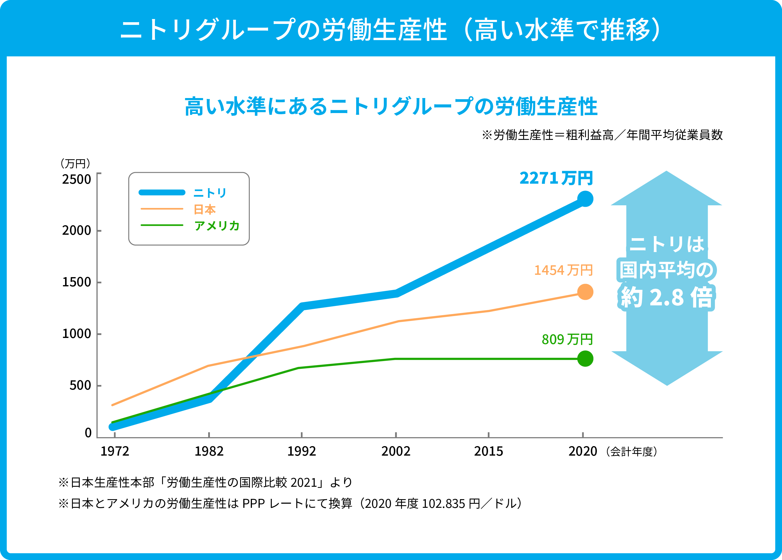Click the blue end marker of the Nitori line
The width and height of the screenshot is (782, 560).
[x=585, y=199]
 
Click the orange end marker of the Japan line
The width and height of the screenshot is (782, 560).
[x=585, y=292]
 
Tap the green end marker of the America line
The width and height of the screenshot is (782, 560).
[x=585, y=359]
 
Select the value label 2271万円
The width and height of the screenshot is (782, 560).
[x=556, y=178]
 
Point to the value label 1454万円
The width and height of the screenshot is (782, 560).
[x=563, y=270]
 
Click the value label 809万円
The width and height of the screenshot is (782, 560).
[x=567, y=340]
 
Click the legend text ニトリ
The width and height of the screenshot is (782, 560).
[x=210, y=193]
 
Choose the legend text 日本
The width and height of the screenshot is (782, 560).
[x=205, y=209]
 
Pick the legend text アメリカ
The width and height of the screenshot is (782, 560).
[x=217, y=226]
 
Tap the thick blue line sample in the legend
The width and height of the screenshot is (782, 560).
[x=162, y=192]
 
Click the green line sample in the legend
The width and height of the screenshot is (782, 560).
[x=162, y=225]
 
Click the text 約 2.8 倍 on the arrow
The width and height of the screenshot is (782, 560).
[x=667, y=297]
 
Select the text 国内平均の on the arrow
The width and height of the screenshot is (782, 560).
[x=667, y=270]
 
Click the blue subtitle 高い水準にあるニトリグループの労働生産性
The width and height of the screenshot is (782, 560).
[x=391, y=107]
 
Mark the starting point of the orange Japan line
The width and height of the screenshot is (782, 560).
[x=113, y=405]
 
